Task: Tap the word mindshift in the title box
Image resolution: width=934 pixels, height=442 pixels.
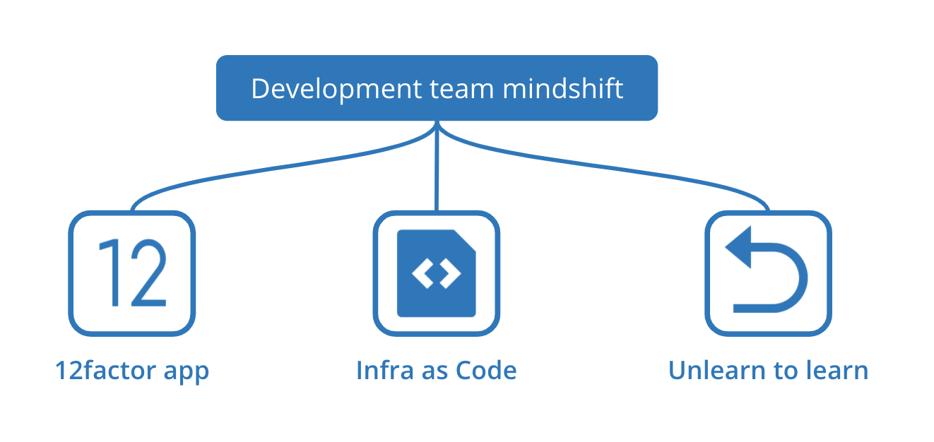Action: (563, 90)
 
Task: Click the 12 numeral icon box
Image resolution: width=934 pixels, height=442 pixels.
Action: (131, 273)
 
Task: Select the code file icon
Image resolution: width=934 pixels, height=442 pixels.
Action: (436, 273)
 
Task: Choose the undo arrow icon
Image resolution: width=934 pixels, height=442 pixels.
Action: (769, 273)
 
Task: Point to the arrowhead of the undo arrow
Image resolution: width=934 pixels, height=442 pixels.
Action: (738, 251)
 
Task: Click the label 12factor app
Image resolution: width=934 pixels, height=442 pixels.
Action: (132, 371)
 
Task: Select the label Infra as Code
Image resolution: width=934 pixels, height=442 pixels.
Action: (436, 371)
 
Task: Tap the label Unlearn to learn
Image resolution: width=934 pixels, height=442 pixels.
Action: (768, 371)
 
